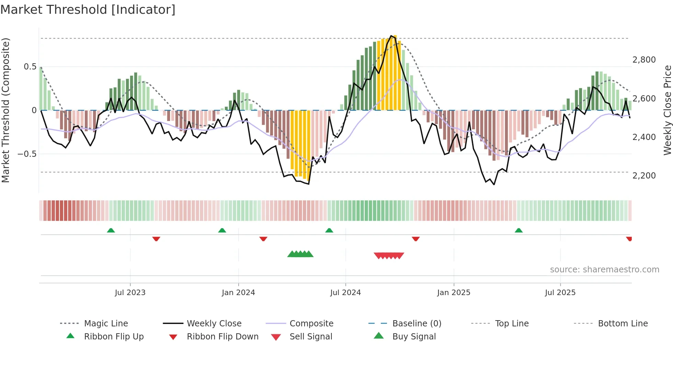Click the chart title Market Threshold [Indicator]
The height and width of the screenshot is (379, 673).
tap(88, 10)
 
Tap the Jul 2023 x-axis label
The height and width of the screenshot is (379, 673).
tap(130, 293)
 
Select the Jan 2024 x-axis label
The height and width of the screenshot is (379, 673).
tap(238, 293)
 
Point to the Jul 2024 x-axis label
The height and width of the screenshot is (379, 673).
tap(345, 293)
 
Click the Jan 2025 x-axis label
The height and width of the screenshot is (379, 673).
tap(454, 293)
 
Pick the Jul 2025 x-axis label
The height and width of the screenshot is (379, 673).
tap(560, 293)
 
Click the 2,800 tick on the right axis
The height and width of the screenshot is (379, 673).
tap(644, 60)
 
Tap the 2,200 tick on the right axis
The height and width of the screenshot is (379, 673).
tap(644, 176)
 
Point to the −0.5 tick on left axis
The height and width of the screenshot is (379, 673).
tap(27, 154)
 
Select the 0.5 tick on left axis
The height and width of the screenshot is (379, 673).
tap(30, 66)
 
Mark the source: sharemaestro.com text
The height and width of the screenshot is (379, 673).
tap(604, 270)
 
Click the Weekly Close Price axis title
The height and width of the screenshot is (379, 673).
tap(667, 110)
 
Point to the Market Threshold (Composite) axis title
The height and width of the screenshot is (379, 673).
tap(5, 110)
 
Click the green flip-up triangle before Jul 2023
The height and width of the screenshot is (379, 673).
tap(111, 230)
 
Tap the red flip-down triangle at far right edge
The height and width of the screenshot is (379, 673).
tap(629, 239)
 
